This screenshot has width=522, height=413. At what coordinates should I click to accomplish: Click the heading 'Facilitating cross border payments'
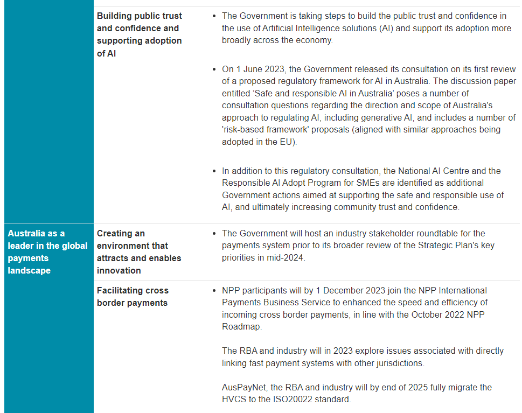point(133,297)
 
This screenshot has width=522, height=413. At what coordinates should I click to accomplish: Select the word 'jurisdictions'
point(396,363)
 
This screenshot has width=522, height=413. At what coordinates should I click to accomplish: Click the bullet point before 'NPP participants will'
point(215,291)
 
